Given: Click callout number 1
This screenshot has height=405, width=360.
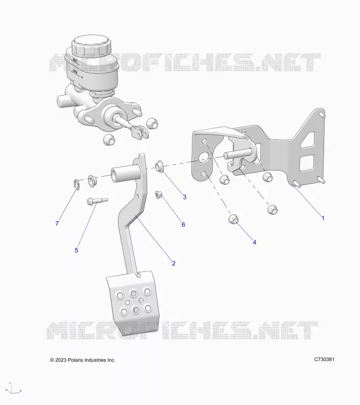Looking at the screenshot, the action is click(x=323, y=218).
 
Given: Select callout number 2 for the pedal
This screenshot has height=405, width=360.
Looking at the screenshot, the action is click(x=174, y=263).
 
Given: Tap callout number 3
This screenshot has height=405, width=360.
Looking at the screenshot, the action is click(x=185, y=197).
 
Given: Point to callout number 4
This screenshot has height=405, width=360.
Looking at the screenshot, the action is click(x=254, y=242).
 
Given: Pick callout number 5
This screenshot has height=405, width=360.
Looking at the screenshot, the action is click(x=76, y=250).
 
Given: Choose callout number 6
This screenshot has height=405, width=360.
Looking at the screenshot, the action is click(x=183, y=224).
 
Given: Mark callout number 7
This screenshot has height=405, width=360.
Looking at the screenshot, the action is click(x=57, y=223).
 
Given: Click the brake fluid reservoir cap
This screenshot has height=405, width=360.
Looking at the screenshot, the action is click(x=92, y=46).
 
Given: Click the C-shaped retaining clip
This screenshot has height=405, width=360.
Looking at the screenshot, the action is click(x=76, y=184).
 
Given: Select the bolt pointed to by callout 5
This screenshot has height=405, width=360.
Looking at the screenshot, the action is click(x=97, y=200).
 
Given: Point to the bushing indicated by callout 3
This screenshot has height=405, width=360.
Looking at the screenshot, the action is click(x=159, y=166).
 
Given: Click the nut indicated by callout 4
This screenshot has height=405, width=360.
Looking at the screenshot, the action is click(x=233, y=219).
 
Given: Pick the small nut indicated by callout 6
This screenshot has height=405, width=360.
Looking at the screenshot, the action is click(x=158, y=194).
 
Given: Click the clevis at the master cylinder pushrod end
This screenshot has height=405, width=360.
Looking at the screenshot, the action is click(x=140, y=132).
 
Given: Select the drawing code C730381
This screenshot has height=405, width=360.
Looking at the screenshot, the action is click(x=324, y=359).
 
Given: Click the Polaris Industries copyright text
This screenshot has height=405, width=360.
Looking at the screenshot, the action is click(x=83, y=360).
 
